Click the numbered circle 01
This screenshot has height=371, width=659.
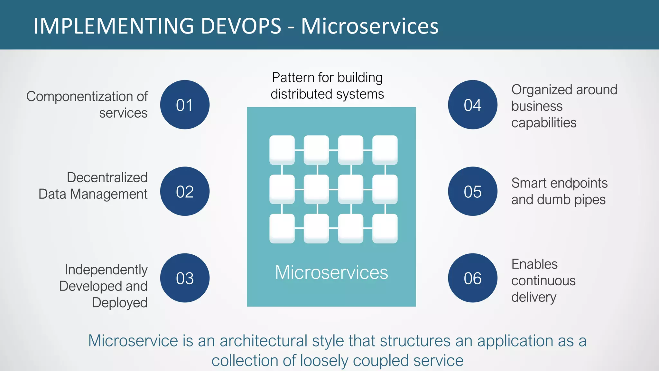coord(185,105)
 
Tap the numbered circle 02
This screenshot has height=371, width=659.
coord(185,191)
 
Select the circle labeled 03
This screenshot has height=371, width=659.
coord(185,278)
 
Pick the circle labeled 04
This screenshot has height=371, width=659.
coord(472,105)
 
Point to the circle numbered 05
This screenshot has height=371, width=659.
coord(472,191)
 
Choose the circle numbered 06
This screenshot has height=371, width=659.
coord(472,278)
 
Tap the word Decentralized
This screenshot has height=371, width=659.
coord(107,177)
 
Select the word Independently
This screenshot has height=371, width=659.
coord(106,270)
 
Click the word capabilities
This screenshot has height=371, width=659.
coord(544,123)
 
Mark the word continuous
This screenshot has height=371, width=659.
coord(543,281)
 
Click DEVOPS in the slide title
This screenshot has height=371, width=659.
coord(241,26)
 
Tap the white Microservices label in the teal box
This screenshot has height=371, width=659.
coord(331,272)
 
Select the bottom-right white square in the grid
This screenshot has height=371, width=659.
coord(385,228)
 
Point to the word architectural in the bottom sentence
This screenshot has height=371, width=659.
coord(264,341)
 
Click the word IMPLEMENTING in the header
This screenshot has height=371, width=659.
coord(114,26)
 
